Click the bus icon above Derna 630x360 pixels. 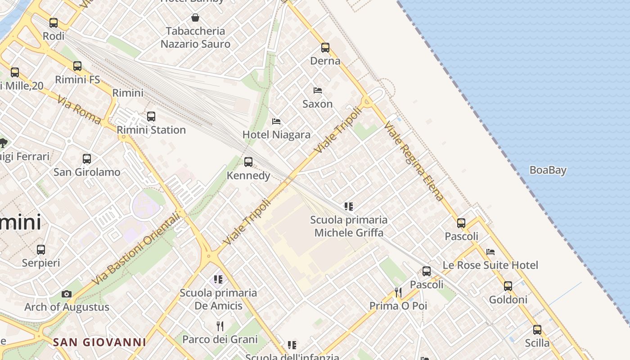(x=325, y=47)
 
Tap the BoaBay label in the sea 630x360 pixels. (x=548, y=170)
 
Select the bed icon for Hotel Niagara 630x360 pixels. (x=276, y=121)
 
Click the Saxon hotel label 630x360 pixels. (x=317, y=104)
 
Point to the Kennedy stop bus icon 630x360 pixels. (x=248, y=162)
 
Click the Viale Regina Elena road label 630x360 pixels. (x=414, y=161)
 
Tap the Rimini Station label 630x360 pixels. (x=151, y=130)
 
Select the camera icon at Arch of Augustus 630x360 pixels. (x=67, y=294)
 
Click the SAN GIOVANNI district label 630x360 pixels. (x=99, y=342)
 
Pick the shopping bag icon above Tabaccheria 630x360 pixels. (x=195, y=18)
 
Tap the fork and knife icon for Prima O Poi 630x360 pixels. (x=398, y=292)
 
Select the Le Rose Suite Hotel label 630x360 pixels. (x=490, y=265)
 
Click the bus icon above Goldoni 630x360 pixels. (x=508, y=286)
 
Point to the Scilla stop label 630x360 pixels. (x=537, y=343)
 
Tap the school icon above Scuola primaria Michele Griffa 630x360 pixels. (x=348, y=207)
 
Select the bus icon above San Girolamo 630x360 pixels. (x=87, y=159)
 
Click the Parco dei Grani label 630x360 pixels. (x=220, y=339)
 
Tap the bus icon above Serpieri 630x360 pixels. (x=41, y=249)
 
